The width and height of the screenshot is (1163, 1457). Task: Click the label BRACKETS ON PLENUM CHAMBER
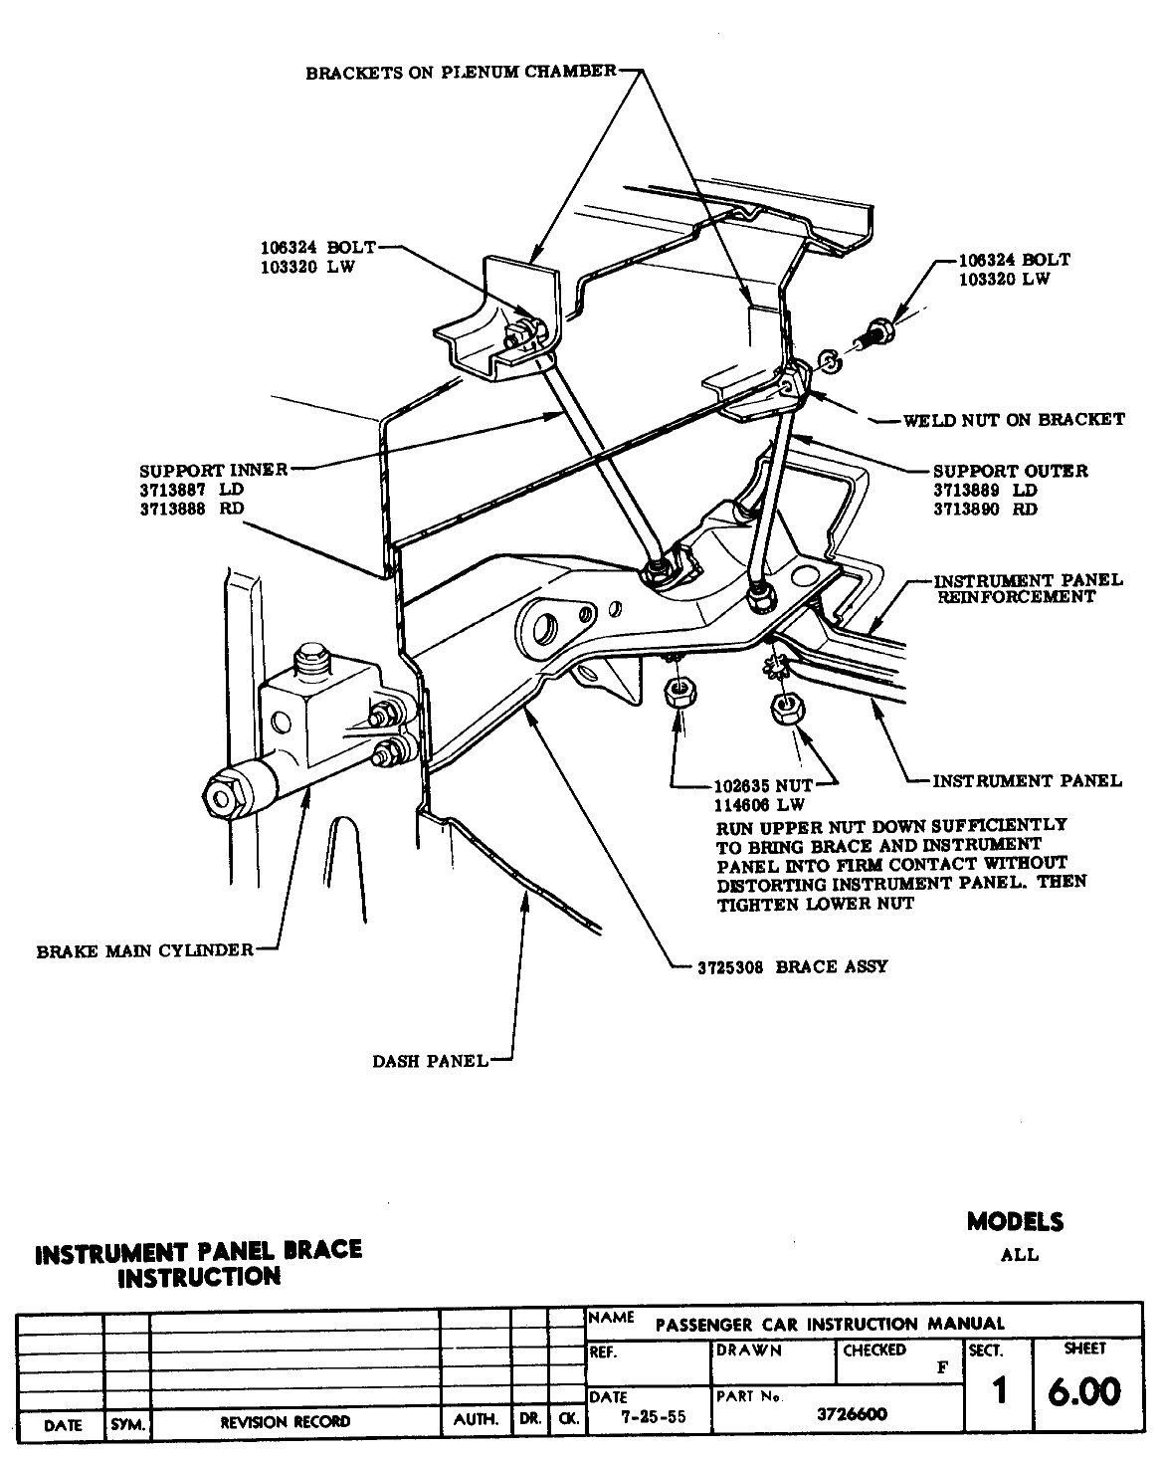coord(461,73)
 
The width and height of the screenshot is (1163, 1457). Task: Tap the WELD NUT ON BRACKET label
coord(1013,420)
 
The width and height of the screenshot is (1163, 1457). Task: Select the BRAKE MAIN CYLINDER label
coord(145,950)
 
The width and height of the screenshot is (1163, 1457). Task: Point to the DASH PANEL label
coord(430,1061)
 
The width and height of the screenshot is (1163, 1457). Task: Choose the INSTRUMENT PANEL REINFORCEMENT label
coord(1027,588)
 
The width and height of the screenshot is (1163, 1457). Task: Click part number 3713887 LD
coord(191,490)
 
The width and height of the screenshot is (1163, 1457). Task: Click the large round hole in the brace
coord(544,628)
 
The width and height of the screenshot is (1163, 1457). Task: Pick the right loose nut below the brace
coord(787,707)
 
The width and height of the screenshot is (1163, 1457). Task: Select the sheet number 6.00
coord(1084,1391)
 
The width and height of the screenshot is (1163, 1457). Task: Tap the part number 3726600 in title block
coord(852,1414)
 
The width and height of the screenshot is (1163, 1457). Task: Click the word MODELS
coord(1014,1221)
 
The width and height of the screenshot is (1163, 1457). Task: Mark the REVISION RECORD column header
coord(285,1422)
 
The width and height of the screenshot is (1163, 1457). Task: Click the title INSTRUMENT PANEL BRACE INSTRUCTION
coord(198,1263)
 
